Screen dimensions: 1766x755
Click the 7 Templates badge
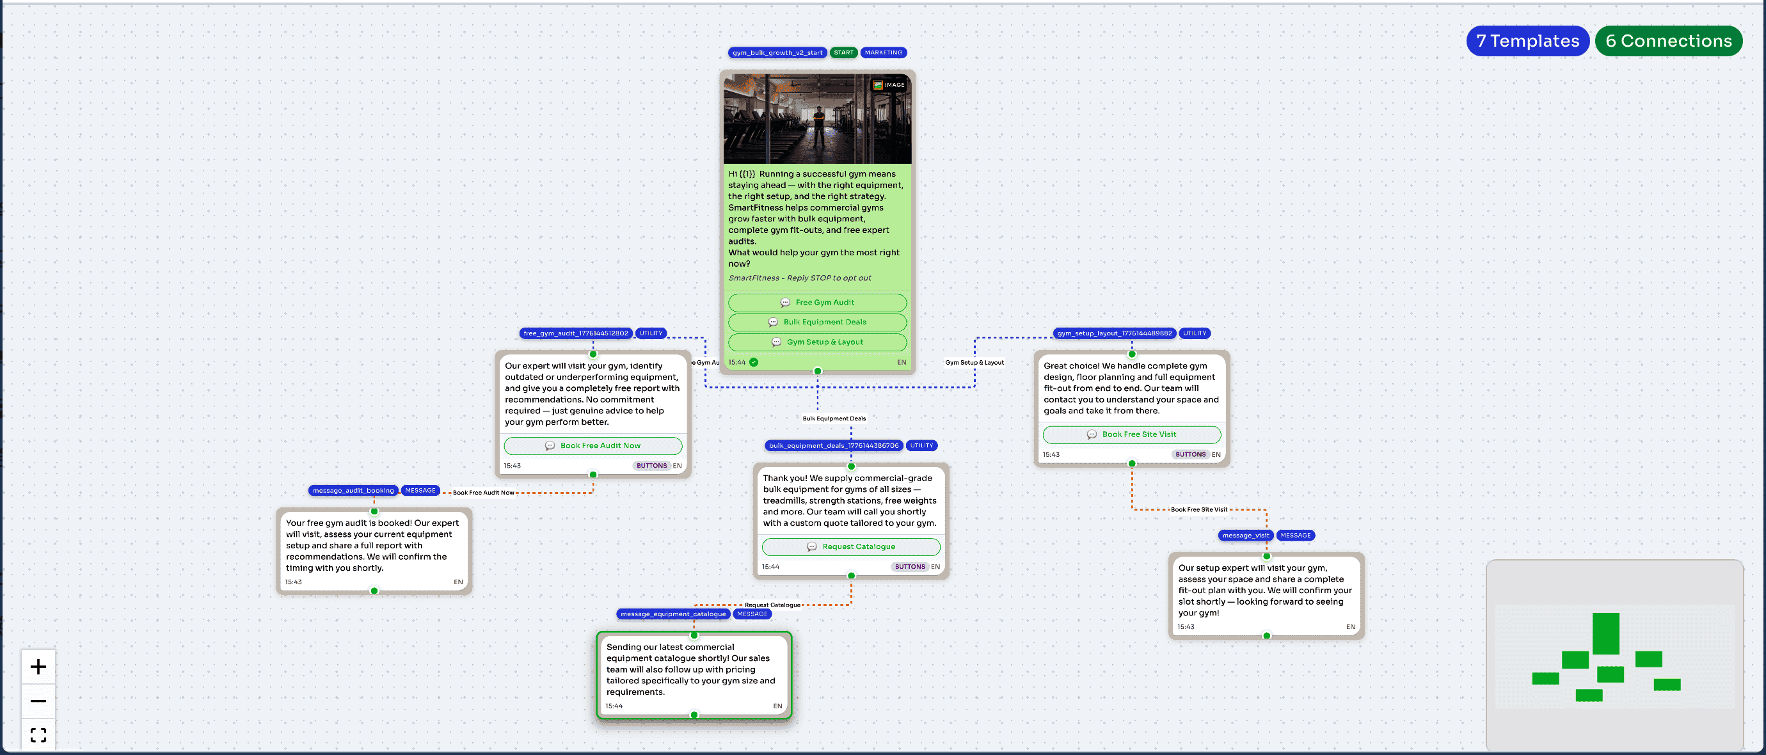click(x=1527, y=41)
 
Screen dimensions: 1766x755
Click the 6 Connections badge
click(x=1669, y=41)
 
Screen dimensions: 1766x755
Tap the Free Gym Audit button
click(x=817, y=303)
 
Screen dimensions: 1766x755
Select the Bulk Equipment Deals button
click(x=817, y=322)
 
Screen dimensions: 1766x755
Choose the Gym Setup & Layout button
click(x=817, y=342)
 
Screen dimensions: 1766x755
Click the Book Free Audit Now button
click(x=593, y=446)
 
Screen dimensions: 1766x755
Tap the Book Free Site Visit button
click(x=1132, y=434)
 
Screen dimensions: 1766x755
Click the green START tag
click(x=843, y=53)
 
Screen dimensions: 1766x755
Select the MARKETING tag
click(x=884, y=53)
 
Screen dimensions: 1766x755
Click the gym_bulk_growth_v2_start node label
click(x=777, y=53)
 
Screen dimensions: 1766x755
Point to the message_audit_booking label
click(x=353, y=491)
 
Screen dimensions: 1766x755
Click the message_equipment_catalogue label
click(x=673, y=614)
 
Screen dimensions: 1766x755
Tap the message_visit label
click(x=1246, y=536)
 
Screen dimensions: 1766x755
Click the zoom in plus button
click(x=38, y=667)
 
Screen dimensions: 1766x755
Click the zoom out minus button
click(x=38, y=701)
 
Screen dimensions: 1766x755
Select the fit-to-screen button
click(x=38, y=735)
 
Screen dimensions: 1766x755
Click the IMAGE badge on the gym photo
click(x=889, y=85)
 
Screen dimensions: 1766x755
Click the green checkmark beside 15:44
click(x=754, y=362)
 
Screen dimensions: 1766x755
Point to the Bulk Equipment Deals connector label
click(x=834, y=418)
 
